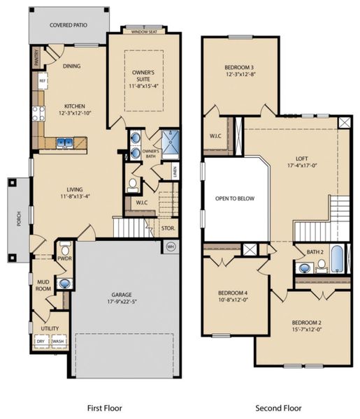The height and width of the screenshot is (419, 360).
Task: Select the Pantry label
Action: [x=36, y=57]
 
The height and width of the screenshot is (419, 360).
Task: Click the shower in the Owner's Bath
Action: [x=171, y=140]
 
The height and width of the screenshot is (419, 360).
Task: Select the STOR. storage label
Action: [x=168, y=228]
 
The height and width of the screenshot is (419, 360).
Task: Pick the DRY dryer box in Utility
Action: [x=41, y=341]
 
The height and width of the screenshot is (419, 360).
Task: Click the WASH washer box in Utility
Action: [x=58, y=341]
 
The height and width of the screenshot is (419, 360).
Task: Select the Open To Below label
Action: [x=235, y=198]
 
